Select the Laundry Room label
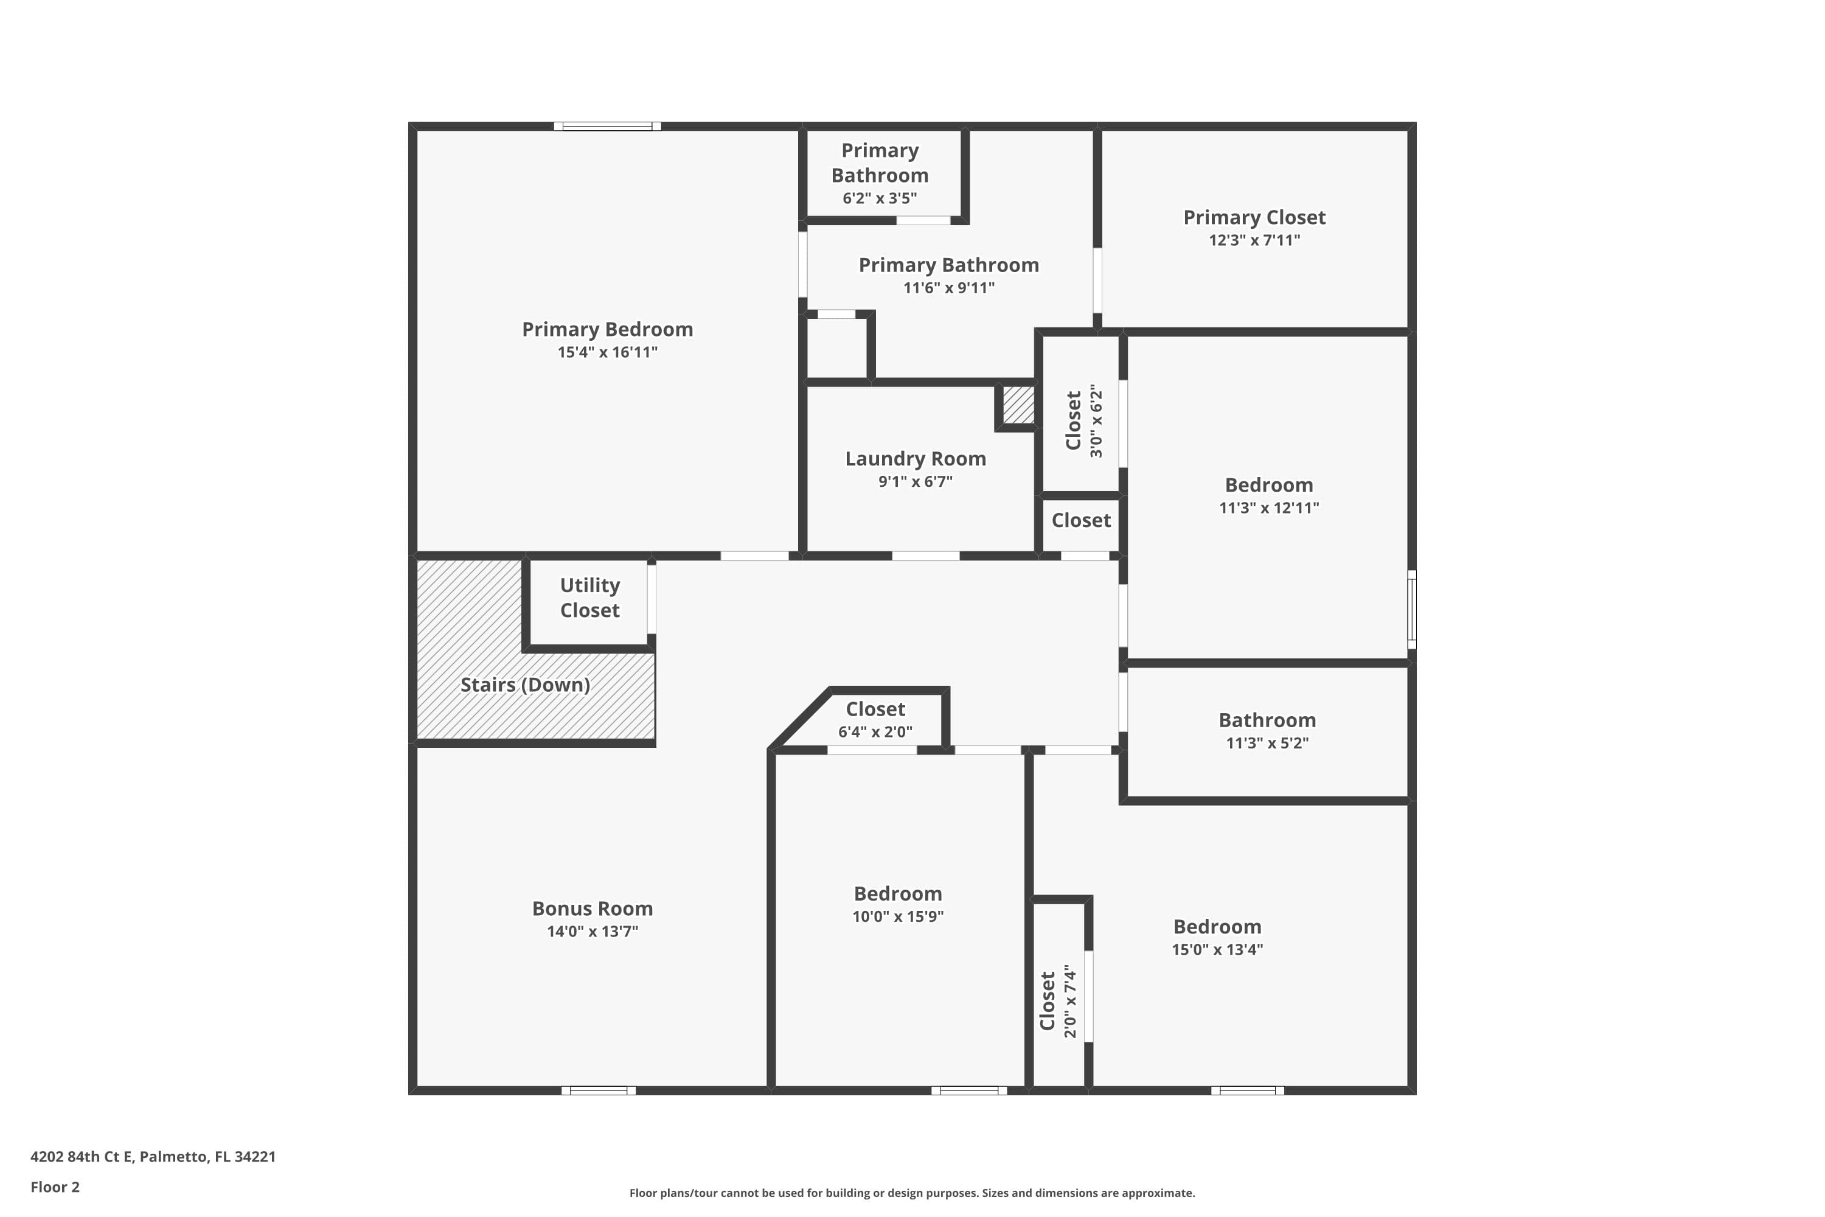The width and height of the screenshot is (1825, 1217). pyautogui.click(x=915, y=459)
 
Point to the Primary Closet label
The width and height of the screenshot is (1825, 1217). pyautogui.click(x=1254, y=217)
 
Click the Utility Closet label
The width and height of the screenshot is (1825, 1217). pyautogui.click(x=589, y=598)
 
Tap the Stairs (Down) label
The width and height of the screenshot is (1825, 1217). pyautogui.click(x=526, y=685)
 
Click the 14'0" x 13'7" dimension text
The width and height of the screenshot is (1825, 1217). pyautogui.click(x=592, y=932)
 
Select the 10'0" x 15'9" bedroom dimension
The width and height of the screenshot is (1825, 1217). pyautogui.click(x=898, y=916)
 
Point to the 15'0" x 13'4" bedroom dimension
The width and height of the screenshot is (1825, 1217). pyautogui.click(x=1217, y=949)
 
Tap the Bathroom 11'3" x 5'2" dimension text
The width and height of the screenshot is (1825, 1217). pyautogui.click(x=1267, y=743)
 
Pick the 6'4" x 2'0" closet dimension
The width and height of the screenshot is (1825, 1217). pyautogui.click(x=875, y=732)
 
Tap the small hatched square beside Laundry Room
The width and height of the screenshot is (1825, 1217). pyautogui.click(x=1018, y=405)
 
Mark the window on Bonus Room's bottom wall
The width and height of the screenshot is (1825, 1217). pyautogui.click(x=598, y=1090)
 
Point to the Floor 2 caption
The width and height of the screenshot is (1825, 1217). pyautogui.click(x=55, y=1187)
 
